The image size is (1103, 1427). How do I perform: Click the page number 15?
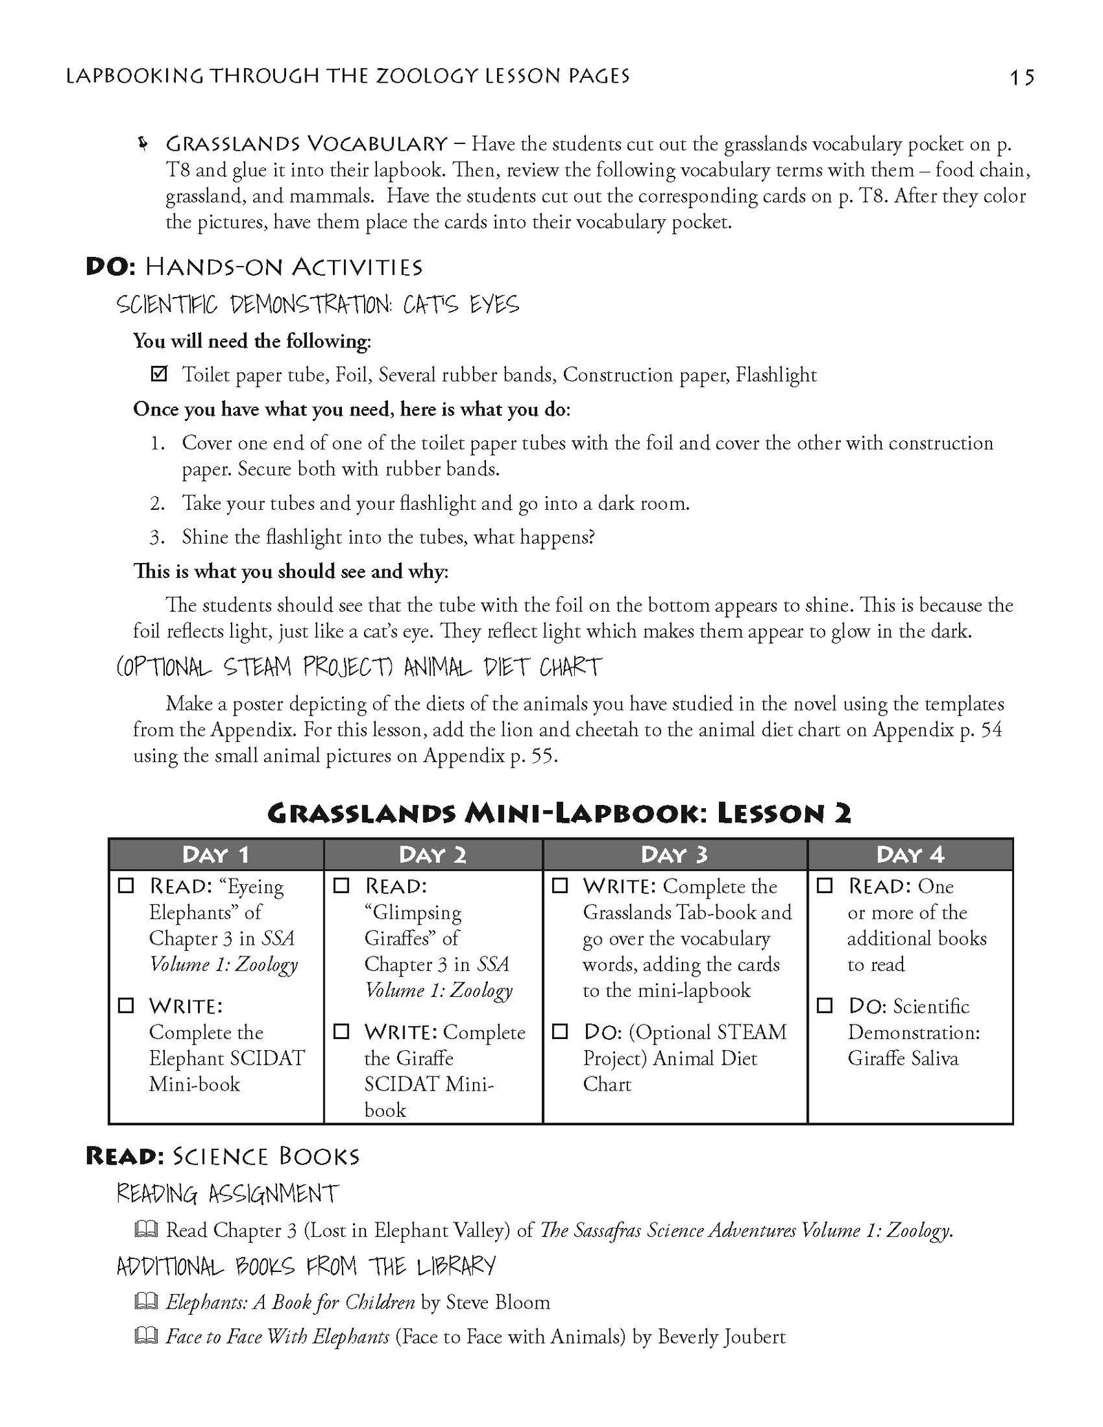[x=1022, y=77]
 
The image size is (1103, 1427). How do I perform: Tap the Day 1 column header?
[x=216, y=854]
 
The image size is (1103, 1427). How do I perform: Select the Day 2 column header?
[x=432, y=854]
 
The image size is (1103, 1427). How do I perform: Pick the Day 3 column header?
[x=674, y=854]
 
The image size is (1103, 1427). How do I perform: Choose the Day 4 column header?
[x=909, y=854]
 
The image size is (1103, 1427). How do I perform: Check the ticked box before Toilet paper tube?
[x=159, y=375]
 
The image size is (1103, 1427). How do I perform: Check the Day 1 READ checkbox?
[x=125, y=886]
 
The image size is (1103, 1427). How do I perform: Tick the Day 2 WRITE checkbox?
[x=341, y=1031]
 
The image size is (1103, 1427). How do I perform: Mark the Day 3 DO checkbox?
[x=560, y=1031]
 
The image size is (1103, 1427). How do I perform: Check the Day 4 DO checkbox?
[x=824, y=1006]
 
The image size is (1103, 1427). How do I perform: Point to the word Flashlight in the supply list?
[x=776, y=375]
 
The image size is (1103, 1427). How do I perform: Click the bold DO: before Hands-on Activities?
[x=110, y=267]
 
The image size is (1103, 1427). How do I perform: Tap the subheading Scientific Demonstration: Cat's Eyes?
[x=318, y=305]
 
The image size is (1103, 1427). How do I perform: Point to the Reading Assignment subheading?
[x=227, y=1193]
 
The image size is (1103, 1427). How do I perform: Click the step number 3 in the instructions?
[x=157, y=537]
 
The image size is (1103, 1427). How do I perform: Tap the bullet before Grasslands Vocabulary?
[x=143, y=144]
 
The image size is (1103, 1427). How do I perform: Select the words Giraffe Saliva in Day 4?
[x=902, y=1058]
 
